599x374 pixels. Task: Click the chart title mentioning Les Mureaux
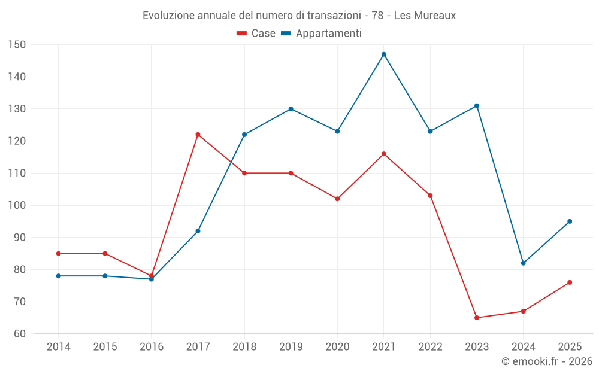[299, 16]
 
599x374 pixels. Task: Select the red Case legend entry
[256, 33]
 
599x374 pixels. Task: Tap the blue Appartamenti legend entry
[321, 33]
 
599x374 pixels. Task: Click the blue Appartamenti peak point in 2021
[384, 54]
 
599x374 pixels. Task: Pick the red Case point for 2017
[198, 135]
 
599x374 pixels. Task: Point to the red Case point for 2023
[477, 318]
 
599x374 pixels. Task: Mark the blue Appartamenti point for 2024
[524, 263]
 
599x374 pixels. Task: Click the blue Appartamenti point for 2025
[570, 221]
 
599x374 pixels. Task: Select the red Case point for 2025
[570, 282]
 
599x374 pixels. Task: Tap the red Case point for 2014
[59, 253]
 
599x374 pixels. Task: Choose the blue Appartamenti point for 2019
[291, 109]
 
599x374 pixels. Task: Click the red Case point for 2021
[384, 154]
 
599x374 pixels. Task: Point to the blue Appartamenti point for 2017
[198, 231]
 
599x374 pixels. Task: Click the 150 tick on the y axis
[17, 45]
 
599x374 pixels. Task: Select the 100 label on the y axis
[17, 205]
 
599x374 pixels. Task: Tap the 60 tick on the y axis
[20, 333]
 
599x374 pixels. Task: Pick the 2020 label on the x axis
[337, 346]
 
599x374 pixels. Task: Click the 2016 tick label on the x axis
[152, 346]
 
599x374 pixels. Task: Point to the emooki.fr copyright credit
[547, 361]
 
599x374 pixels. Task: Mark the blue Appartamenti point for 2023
[477, 106]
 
